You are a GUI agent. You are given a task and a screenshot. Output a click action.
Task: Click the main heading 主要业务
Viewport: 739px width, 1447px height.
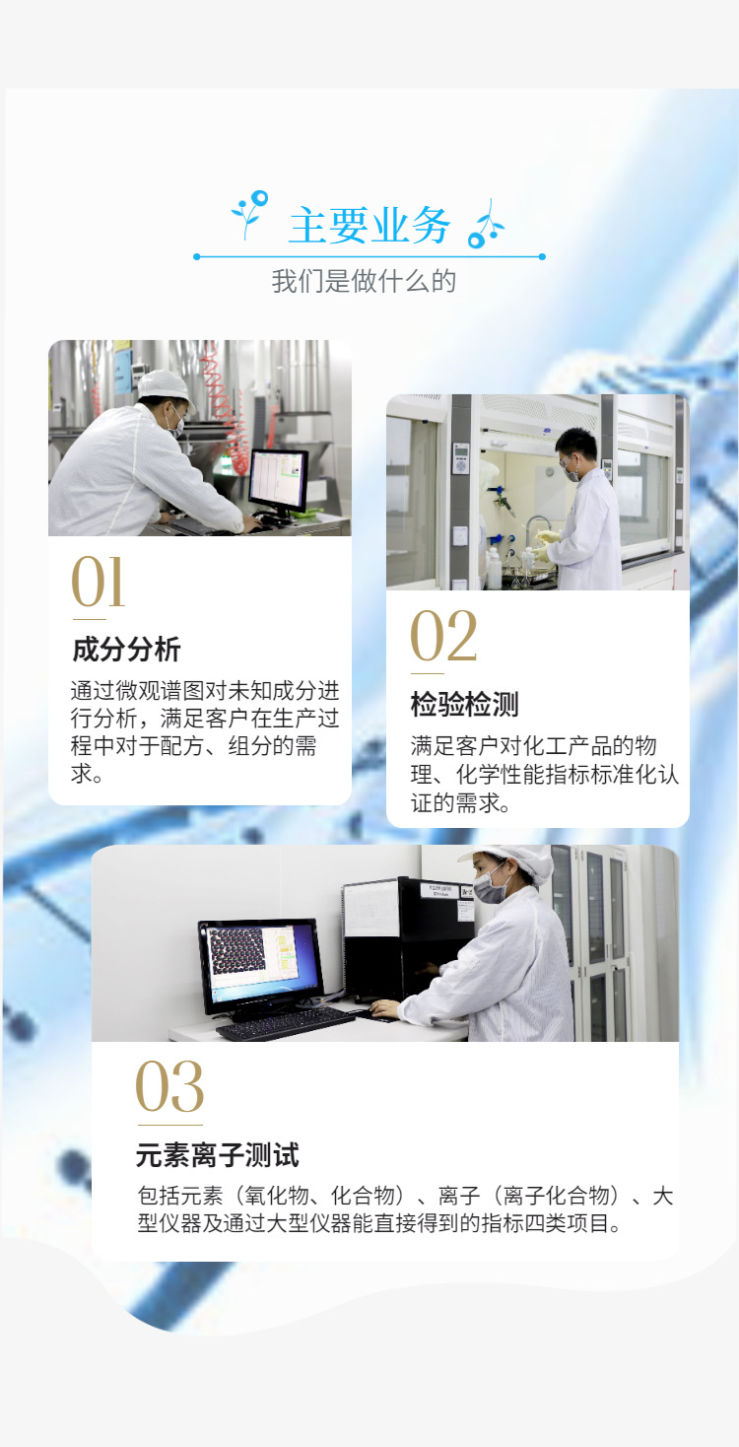pos(369,226)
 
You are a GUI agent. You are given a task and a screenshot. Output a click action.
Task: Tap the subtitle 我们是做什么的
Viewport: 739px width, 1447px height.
pos(365,282)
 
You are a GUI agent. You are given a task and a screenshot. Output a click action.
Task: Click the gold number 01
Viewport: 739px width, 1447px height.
pos(99,583)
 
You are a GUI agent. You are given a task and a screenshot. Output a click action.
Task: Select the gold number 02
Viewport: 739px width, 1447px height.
pos(443,637)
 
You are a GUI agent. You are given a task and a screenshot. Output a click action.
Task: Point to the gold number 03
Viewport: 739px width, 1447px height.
pos(169,1087)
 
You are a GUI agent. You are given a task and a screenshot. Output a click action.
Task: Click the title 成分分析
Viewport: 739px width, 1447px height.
pos(126,651)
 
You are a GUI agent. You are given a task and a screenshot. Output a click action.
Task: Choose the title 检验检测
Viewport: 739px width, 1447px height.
pos(464,705)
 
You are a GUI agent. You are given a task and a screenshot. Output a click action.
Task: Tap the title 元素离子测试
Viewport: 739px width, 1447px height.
pos(217,1155)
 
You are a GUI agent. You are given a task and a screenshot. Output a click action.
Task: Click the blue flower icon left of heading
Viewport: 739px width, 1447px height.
pos(250,213)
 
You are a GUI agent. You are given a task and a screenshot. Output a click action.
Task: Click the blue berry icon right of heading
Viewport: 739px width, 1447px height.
pos(485,225)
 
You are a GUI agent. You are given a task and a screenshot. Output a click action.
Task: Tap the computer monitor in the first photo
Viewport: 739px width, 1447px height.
pos(278,480)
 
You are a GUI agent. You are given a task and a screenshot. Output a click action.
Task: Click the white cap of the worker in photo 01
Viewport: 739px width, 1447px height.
pos(164,384)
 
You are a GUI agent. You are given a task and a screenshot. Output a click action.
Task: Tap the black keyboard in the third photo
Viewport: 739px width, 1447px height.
pos(285,1024)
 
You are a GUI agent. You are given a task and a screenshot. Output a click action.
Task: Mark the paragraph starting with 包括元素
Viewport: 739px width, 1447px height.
pos(405,1210)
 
